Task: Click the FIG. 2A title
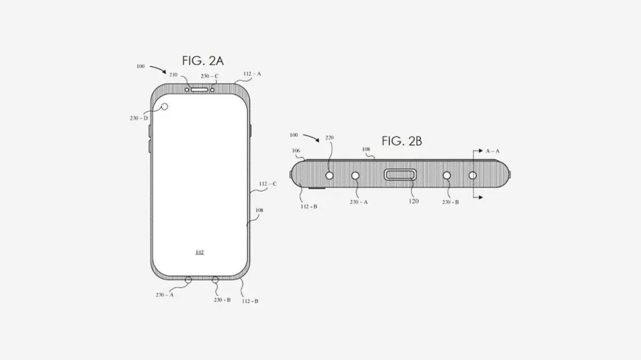coord(203,61)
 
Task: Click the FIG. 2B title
coord(402,141)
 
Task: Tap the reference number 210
coord(174,75)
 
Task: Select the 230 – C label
coord(209,76)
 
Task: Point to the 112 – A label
coord(252,74)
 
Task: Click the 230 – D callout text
coord(139,118)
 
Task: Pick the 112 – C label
coord(268,184)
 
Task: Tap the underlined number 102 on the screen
coord(199,252)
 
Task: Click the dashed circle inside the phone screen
coord(165,107)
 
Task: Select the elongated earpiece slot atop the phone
coord(199,90)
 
